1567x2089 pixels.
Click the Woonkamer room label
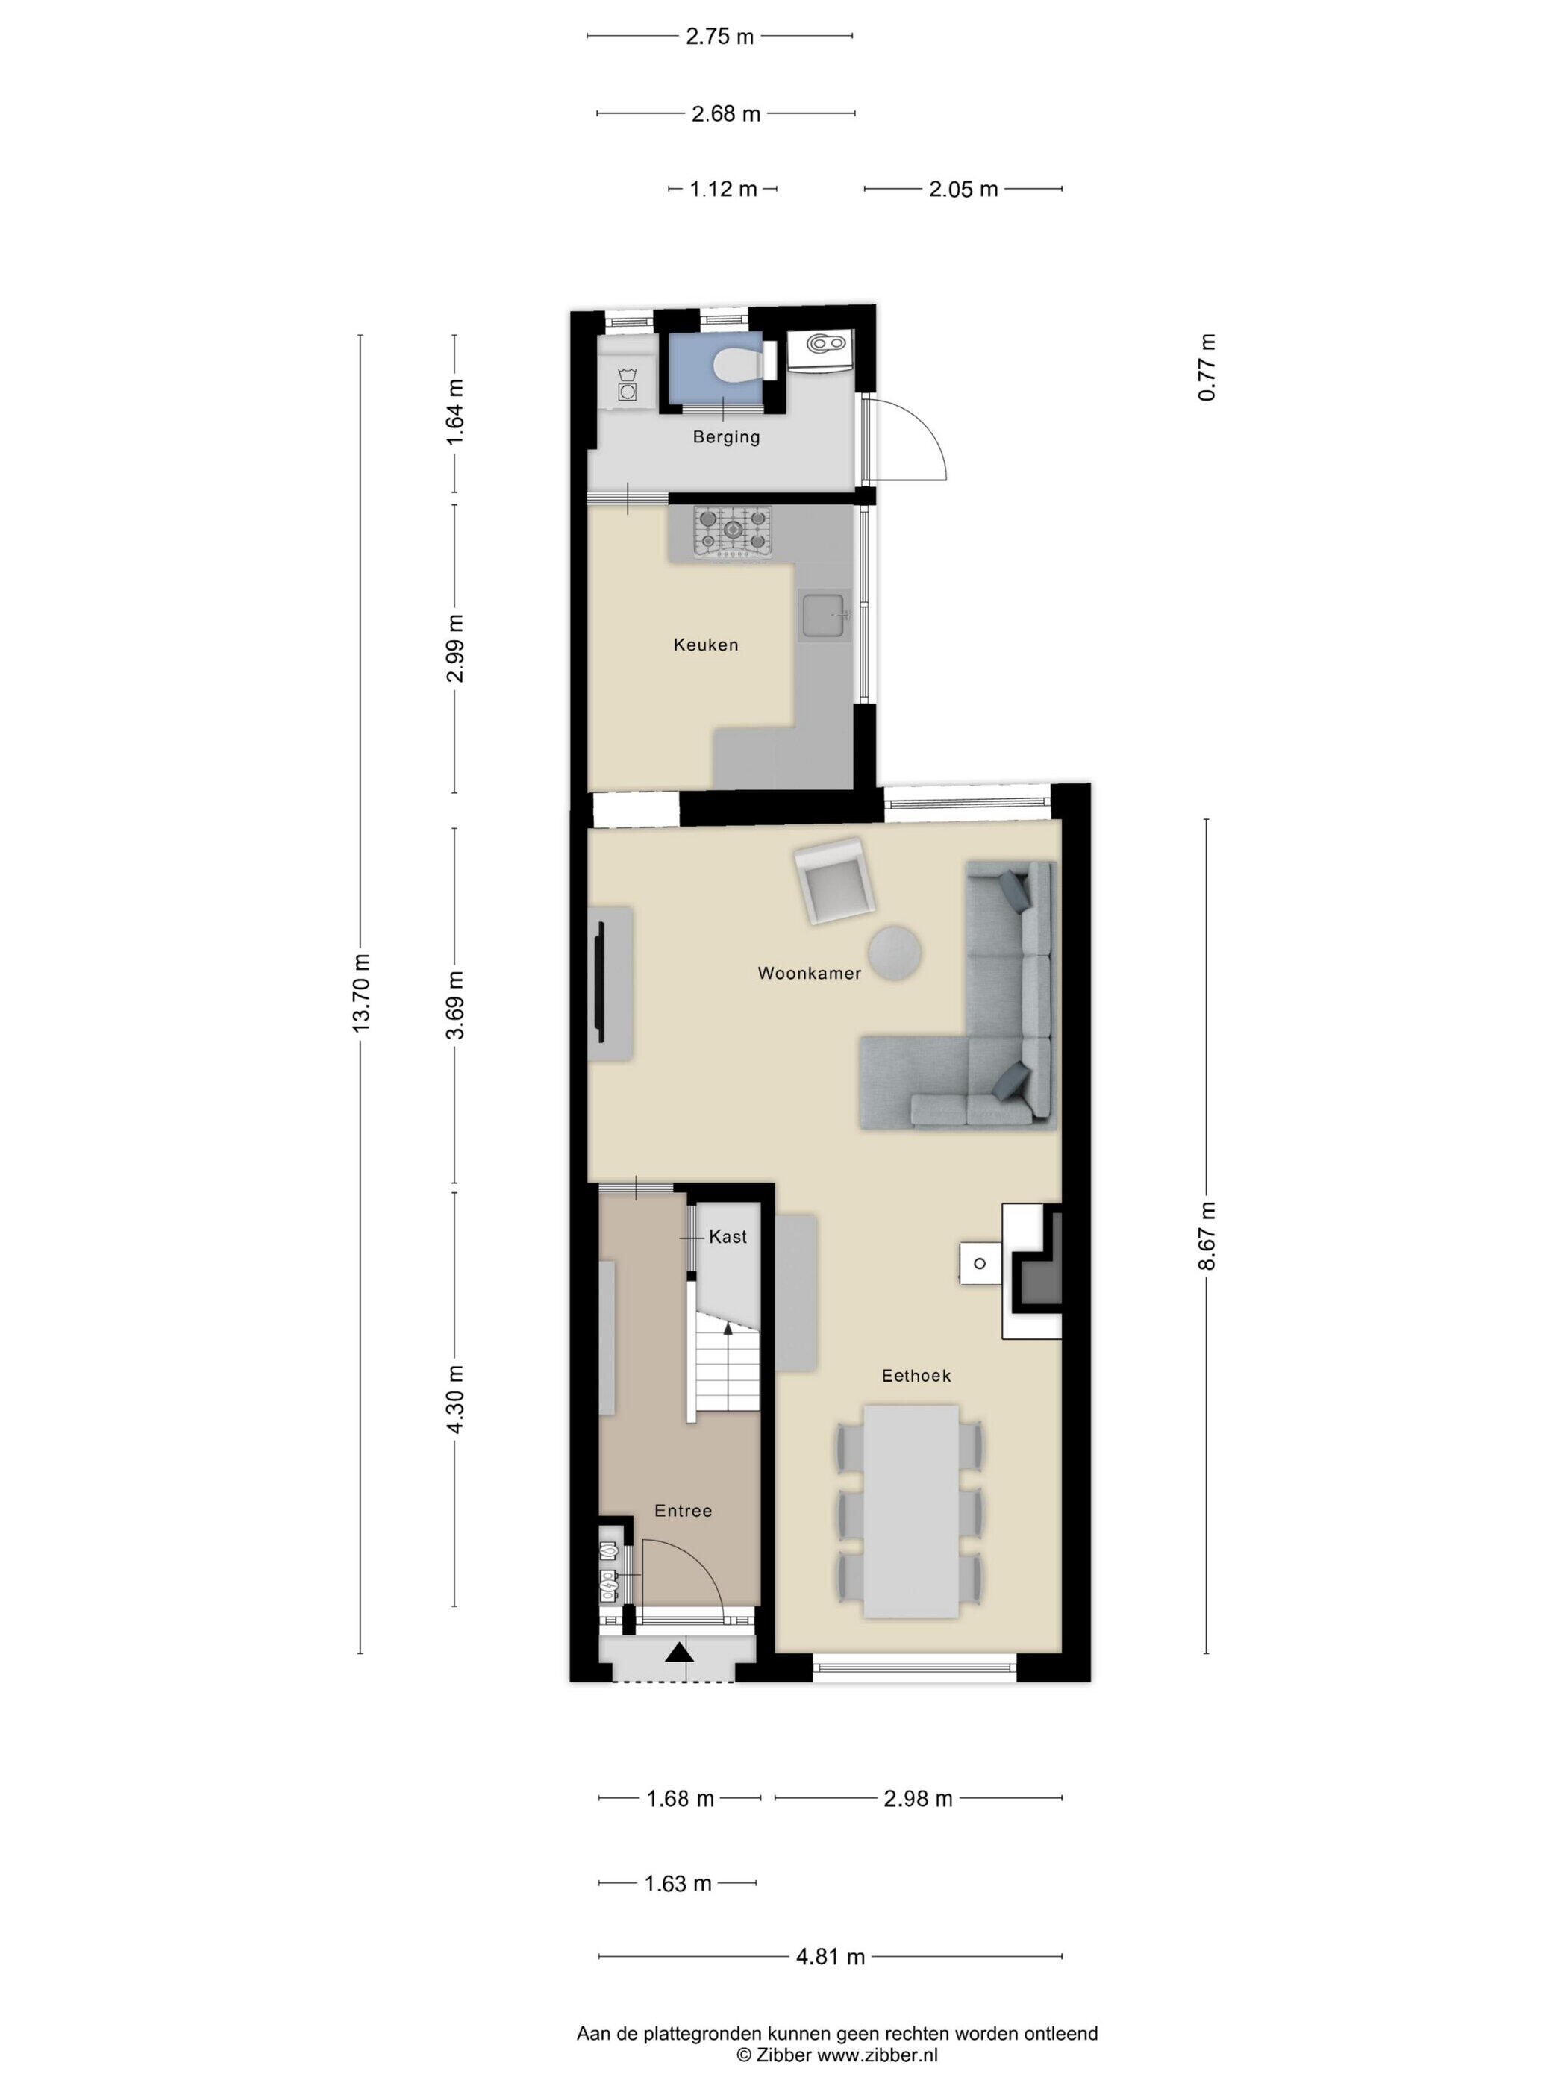pyautogui.click(x=809, y=973)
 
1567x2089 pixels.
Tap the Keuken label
pyautogui.click(x=706, y=645)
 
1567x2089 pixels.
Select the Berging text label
pyautogui.click(x=725, y=437)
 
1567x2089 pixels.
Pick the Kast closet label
pyautogui.click(x=728, y=1237)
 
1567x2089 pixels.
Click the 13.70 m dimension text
pyautogui.click(x=361, y=992)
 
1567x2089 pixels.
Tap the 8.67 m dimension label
pyautogui.click(x=1206, y=1237)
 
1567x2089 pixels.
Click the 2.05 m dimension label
pyautogui.click(x=963, y=189)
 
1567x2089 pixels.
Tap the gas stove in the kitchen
pyautogui.click(x=733, y=532)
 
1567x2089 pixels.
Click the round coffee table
pyautogui.click(x=895, y=952)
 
